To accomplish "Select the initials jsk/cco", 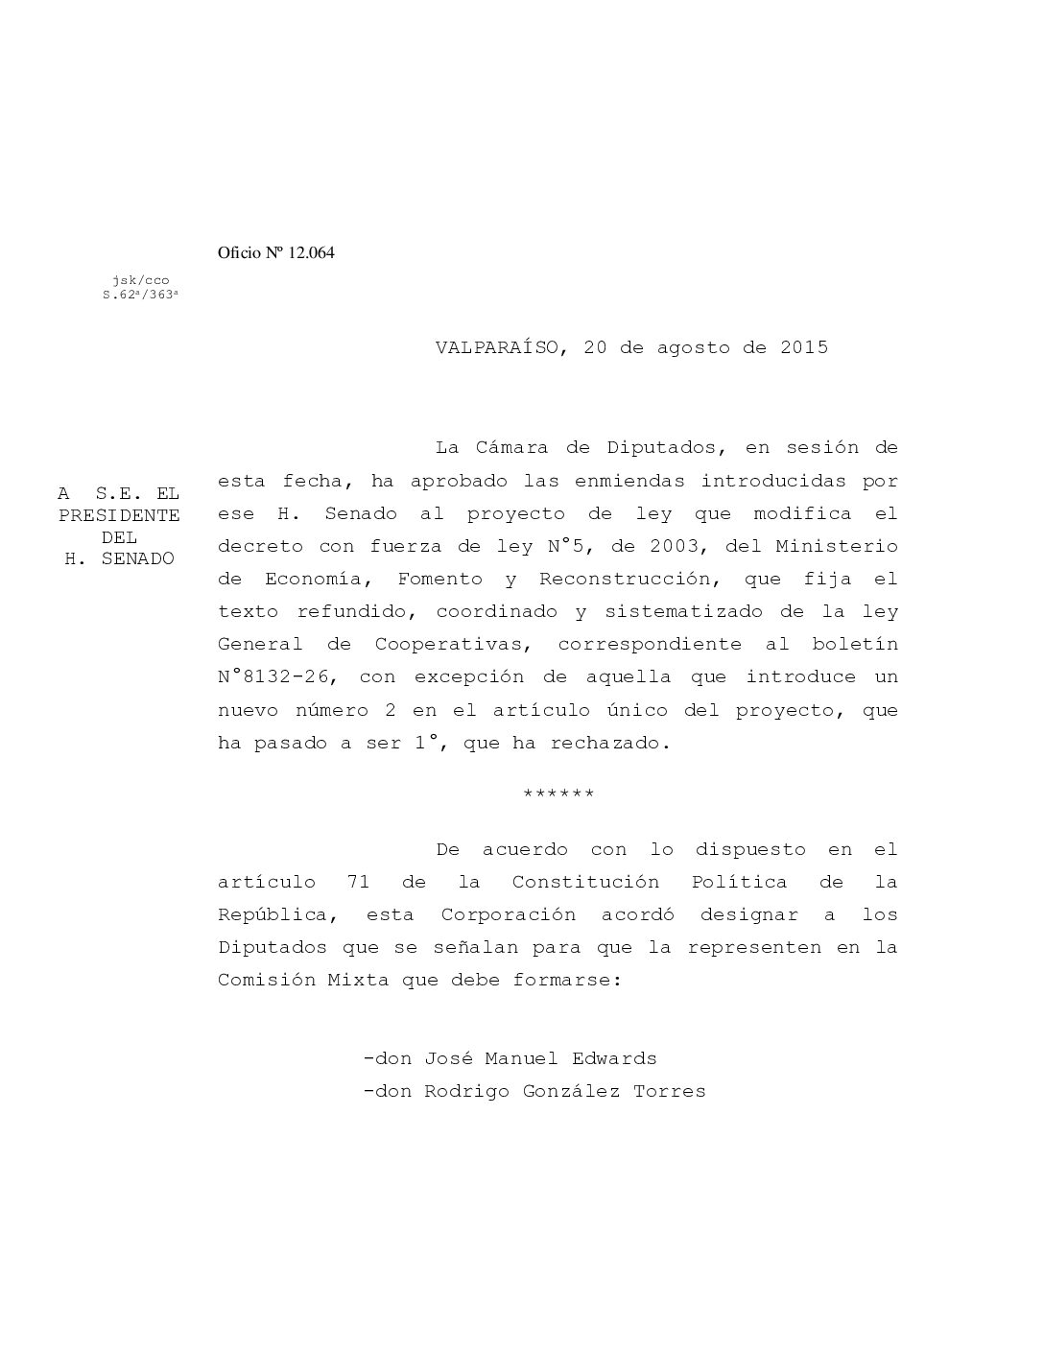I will [140, 280].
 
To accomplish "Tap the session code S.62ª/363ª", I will [140, 296].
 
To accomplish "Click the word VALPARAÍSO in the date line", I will [494, 347].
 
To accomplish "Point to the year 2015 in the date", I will [804, 347].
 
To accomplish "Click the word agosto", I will [693, 347].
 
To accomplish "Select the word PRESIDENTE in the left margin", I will [119, 515].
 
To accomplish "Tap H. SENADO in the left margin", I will [119, 558].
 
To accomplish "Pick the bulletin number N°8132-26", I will [275, 677].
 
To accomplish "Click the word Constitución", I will [585, 882].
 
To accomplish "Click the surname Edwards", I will [614, 1059].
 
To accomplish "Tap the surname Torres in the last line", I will [669, 1092].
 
